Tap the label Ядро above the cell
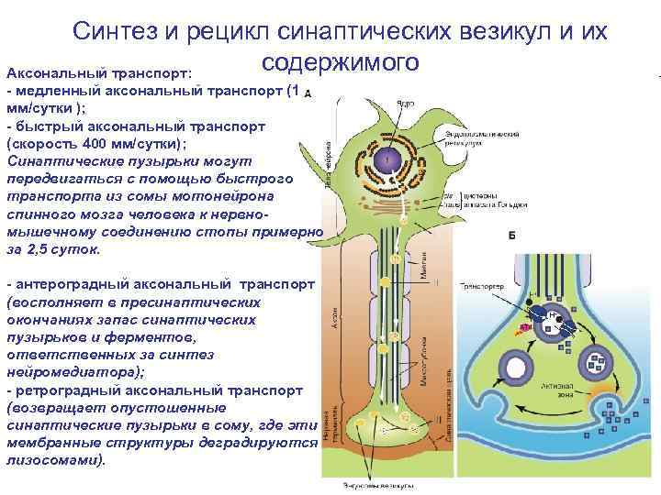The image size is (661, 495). coord(405,104)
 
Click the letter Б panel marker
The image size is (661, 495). coord(511,234)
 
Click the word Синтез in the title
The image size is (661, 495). coord(118,34)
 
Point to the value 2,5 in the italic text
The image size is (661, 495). coord(39,248)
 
